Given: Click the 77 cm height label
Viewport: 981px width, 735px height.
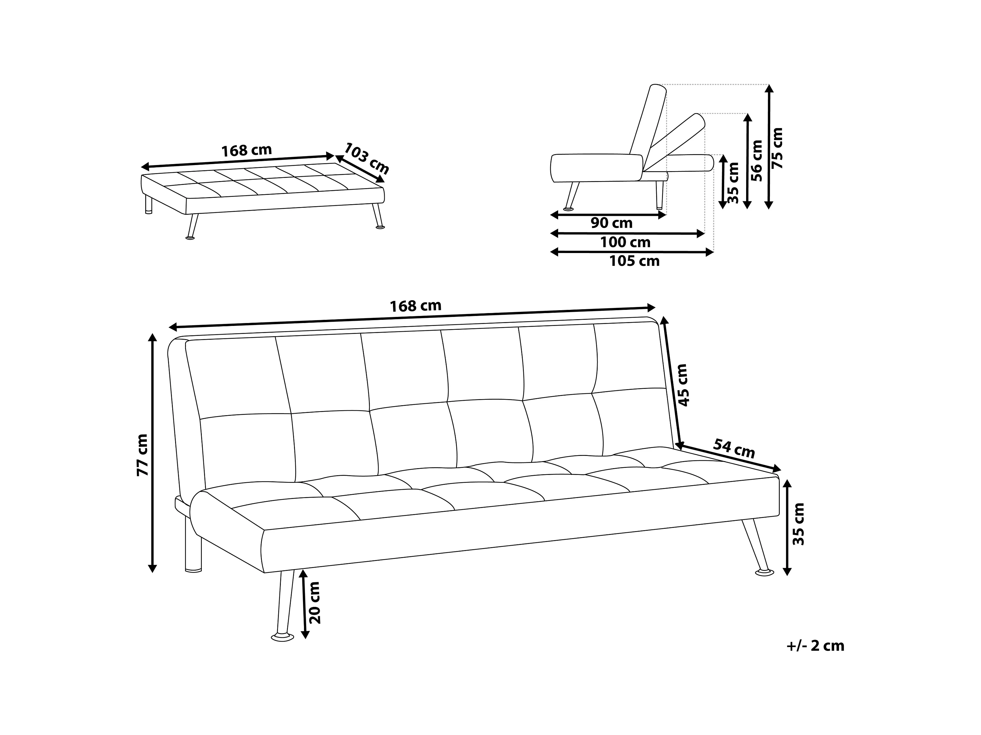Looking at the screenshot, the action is pos(143,455).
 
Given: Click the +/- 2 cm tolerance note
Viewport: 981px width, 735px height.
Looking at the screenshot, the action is pos(815,646).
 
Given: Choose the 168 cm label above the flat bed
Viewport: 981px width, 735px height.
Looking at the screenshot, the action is pos(246,150).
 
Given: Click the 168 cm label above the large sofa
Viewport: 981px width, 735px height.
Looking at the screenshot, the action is pos(415,306).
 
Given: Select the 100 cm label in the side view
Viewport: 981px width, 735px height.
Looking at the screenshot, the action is pos(625,242).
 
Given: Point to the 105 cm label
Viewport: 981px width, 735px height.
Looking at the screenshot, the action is pos(634,261).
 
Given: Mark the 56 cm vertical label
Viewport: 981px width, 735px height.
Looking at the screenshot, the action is pos(757,161).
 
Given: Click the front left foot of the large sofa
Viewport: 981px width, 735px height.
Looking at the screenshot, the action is pos(282,637).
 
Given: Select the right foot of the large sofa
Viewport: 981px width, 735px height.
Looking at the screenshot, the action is pos(764,573).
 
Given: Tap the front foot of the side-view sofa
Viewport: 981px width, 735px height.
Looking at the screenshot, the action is pos(568,208).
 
